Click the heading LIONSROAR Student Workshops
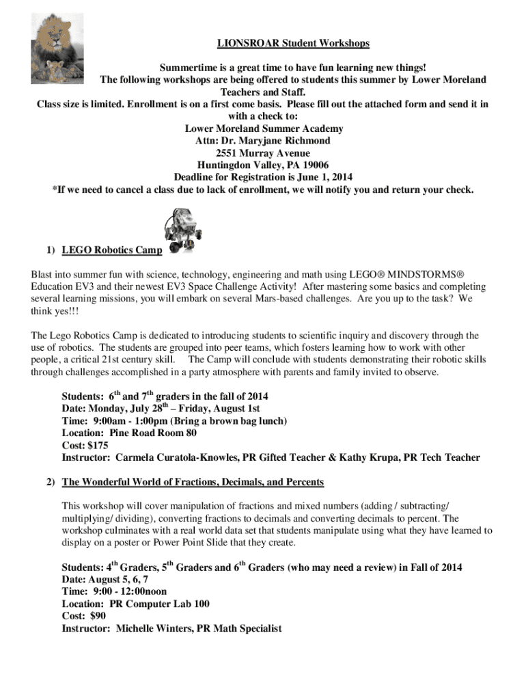(x=293, y=43)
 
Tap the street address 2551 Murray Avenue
(x=262, y=152)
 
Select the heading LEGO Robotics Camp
(x=112, y=250)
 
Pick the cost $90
(x=101, y=616)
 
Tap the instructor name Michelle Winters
(x=154, y=628)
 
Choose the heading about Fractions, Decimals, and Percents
(x=193, y=482)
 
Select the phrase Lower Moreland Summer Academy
(x=264, y=128)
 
